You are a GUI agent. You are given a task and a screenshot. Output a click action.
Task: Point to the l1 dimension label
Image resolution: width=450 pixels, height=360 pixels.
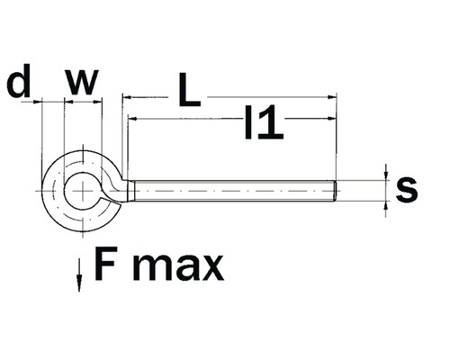pos(264,123)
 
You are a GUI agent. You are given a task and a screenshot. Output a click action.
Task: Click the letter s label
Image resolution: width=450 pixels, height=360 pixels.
pos(408,189)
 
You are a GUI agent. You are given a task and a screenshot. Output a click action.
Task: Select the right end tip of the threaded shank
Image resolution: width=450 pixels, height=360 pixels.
pos(336,191)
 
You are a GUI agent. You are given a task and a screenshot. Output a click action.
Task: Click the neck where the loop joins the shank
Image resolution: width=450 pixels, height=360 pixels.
pos(126,190)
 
